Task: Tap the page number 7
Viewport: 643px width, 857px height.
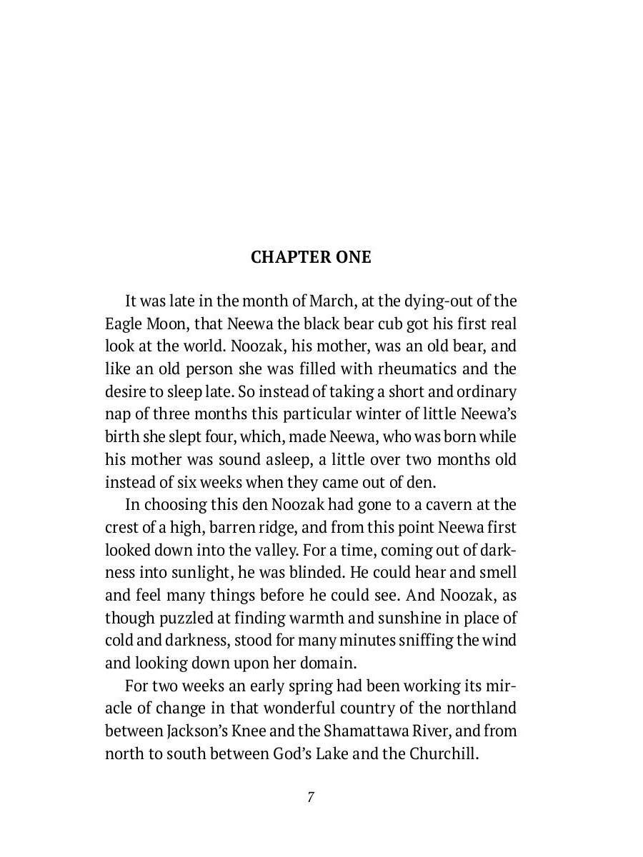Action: (x=311, y=798)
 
